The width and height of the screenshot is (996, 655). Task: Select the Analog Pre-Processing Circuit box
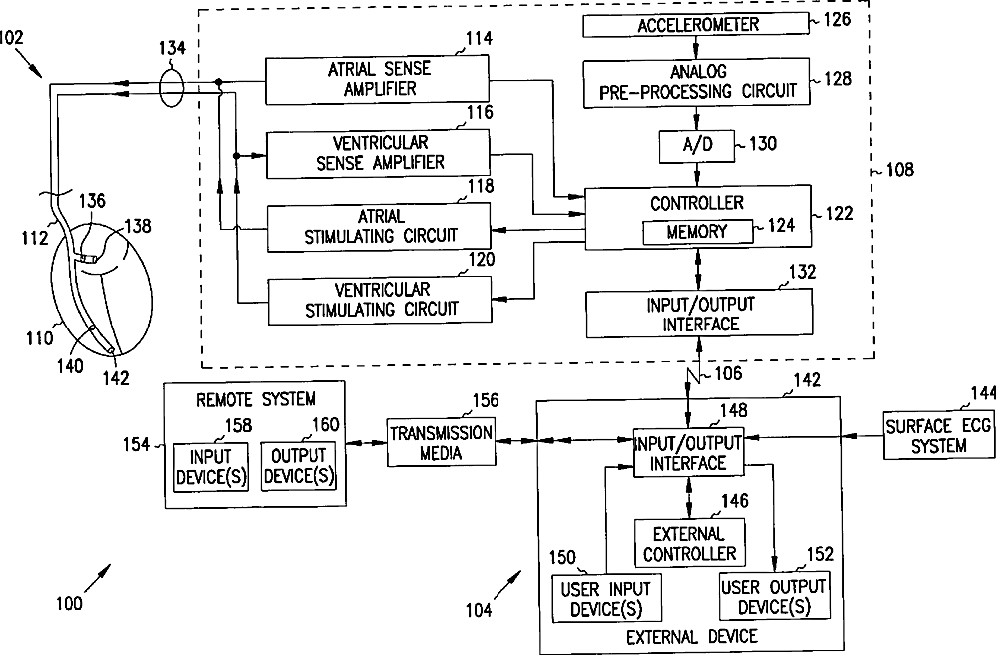pyautogui.click(x=698, y=81)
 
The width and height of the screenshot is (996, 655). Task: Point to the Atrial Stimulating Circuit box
pyautogui.click(x=379, y=225)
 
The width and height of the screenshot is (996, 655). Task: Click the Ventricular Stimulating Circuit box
pyautogui.click(x=379, y=299)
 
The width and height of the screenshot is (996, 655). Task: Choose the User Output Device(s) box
pyautogui.click(x=773, y=596)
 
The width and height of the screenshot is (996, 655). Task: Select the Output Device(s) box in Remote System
pyautogui.click(x=297, y=466)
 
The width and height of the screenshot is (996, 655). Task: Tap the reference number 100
pyautogui.click(x=69, y=602)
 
